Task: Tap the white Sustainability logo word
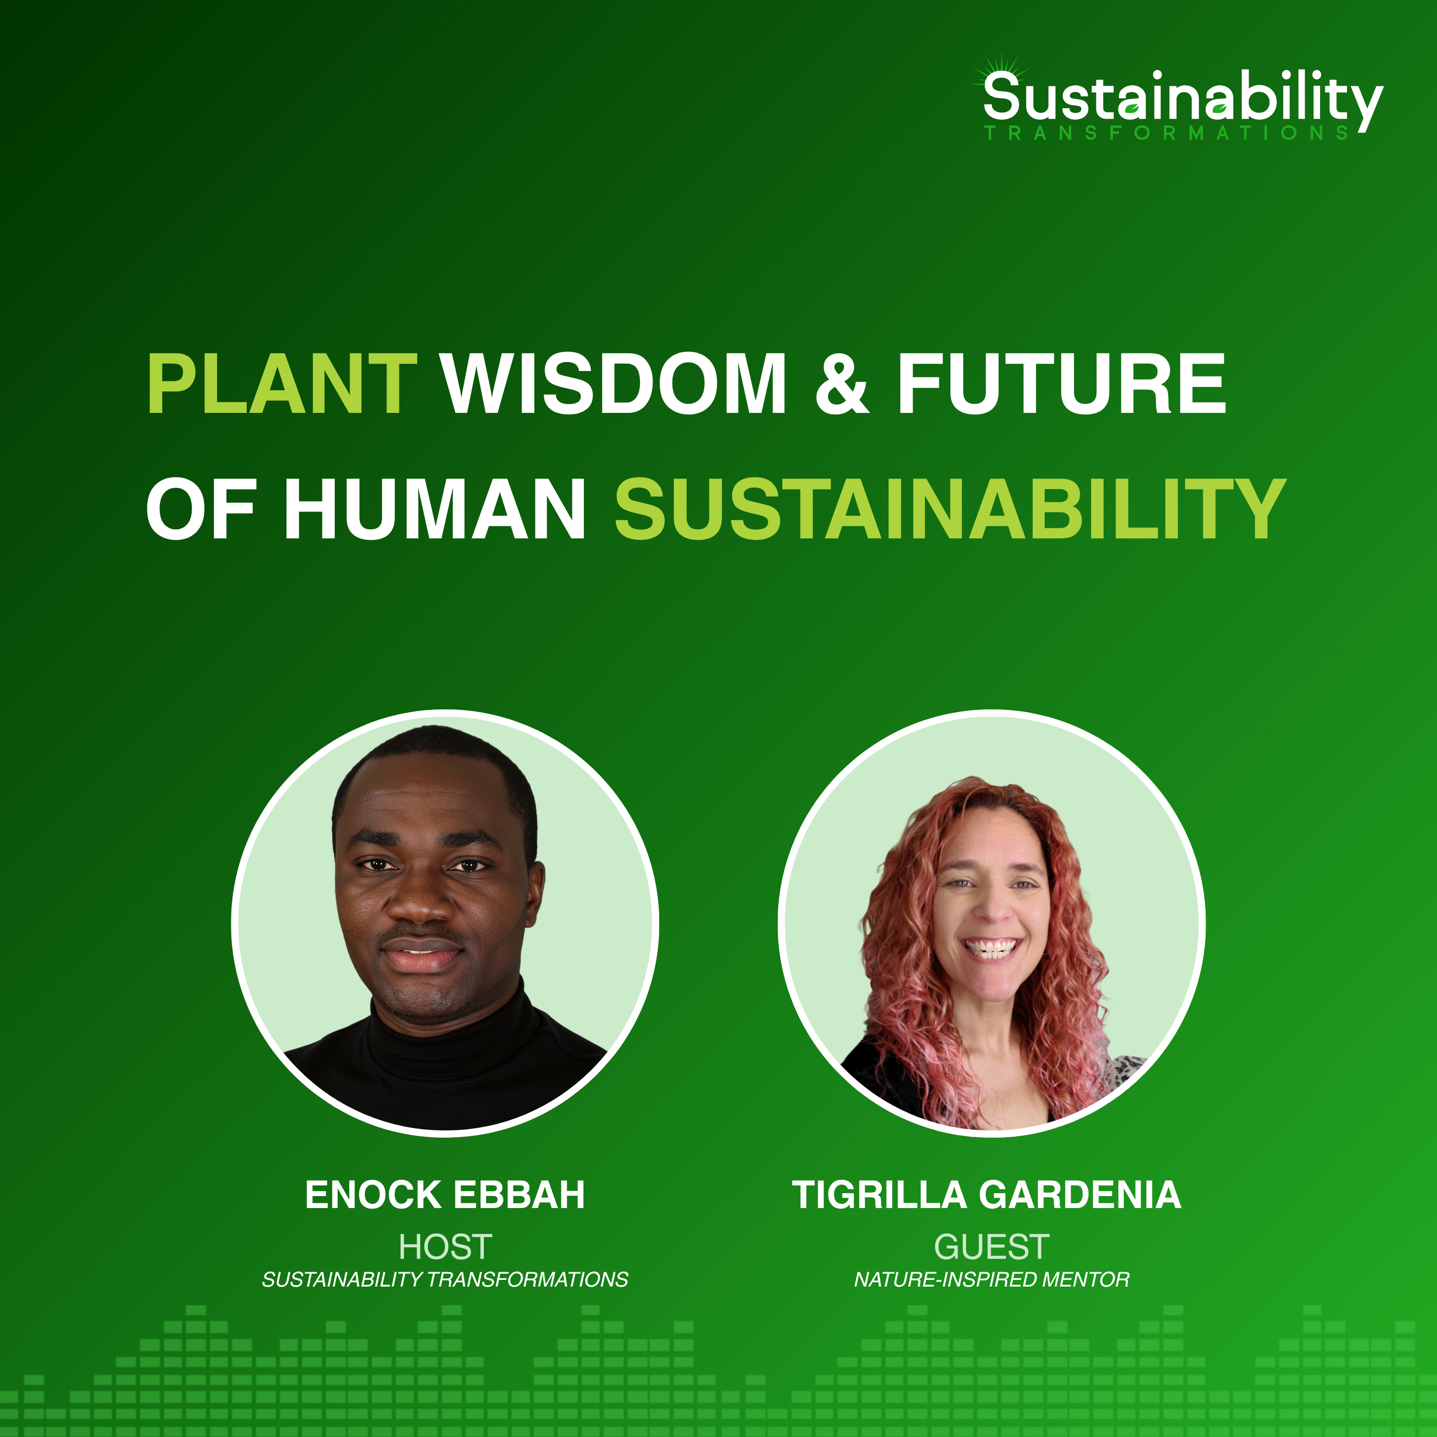1183,98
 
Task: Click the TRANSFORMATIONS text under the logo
1166,133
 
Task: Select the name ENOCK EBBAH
445,1195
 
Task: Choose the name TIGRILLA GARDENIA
986,1195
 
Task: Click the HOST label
445,1246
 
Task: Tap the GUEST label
992,1246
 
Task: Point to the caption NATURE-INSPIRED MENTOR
992,1279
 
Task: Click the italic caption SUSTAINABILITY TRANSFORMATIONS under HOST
445,1279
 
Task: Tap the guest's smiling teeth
990,948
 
